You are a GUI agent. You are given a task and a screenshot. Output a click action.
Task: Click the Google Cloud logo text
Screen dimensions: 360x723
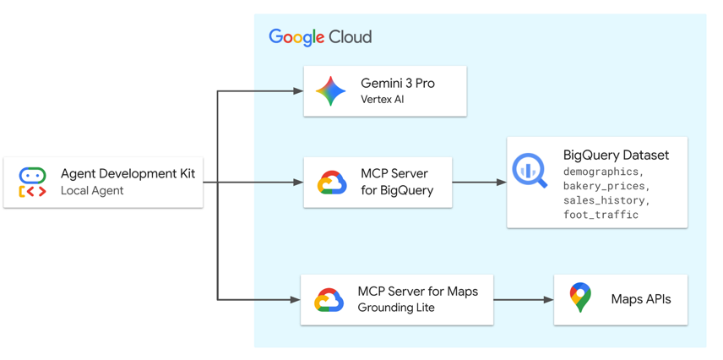320,37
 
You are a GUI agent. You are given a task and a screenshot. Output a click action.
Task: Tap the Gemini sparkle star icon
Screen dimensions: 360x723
330,91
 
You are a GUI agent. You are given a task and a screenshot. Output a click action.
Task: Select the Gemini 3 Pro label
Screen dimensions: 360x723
397,84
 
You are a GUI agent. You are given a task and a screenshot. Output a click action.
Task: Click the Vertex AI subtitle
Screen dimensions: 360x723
382,100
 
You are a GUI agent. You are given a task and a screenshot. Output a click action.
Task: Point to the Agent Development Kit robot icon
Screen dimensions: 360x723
33,183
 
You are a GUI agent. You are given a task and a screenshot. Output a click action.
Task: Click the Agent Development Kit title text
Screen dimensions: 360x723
128,173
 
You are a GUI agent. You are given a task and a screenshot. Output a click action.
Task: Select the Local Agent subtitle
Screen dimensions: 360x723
92,191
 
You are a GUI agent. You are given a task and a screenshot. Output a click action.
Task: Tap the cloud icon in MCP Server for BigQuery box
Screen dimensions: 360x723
331,183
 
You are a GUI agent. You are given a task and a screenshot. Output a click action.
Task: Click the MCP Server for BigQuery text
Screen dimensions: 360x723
396,182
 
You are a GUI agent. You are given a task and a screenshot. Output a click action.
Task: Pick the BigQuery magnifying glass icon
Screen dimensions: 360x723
530,171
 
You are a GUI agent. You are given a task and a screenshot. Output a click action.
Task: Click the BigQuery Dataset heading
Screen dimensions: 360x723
616,155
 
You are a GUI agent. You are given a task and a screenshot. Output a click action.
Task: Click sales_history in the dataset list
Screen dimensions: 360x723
606,200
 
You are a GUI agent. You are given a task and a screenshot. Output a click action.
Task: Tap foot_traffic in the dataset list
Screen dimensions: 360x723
601,215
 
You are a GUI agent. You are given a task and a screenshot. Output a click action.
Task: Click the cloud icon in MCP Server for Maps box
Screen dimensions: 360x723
329,300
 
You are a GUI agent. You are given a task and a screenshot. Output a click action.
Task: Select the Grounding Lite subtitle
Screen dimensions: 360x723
396,308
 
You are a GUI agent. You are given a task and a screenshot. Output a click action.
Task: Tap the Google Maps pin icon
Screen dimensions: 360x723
580,298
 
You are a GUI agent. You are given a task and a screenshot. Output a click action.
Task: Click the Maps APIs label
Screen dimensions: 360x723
640,299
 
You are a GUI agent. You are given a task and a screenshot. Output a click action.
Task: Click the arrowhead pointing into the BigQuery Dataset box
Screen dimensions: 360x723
501,183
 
